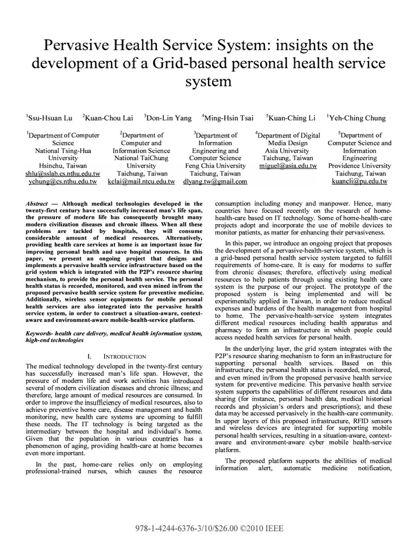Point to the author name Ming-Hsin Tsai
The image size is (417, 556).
tap(231, 117)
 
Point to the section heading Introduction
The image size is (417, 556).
tap(113, 356)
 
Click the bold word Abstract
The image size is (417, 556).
tap(36, 202)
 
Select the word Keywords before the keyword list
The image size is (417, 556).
tap(40, 332)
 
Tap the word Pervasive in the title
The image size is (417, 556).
tap(77, 44)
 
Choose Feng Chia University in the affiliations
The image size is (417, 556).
tap(216, 166)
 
